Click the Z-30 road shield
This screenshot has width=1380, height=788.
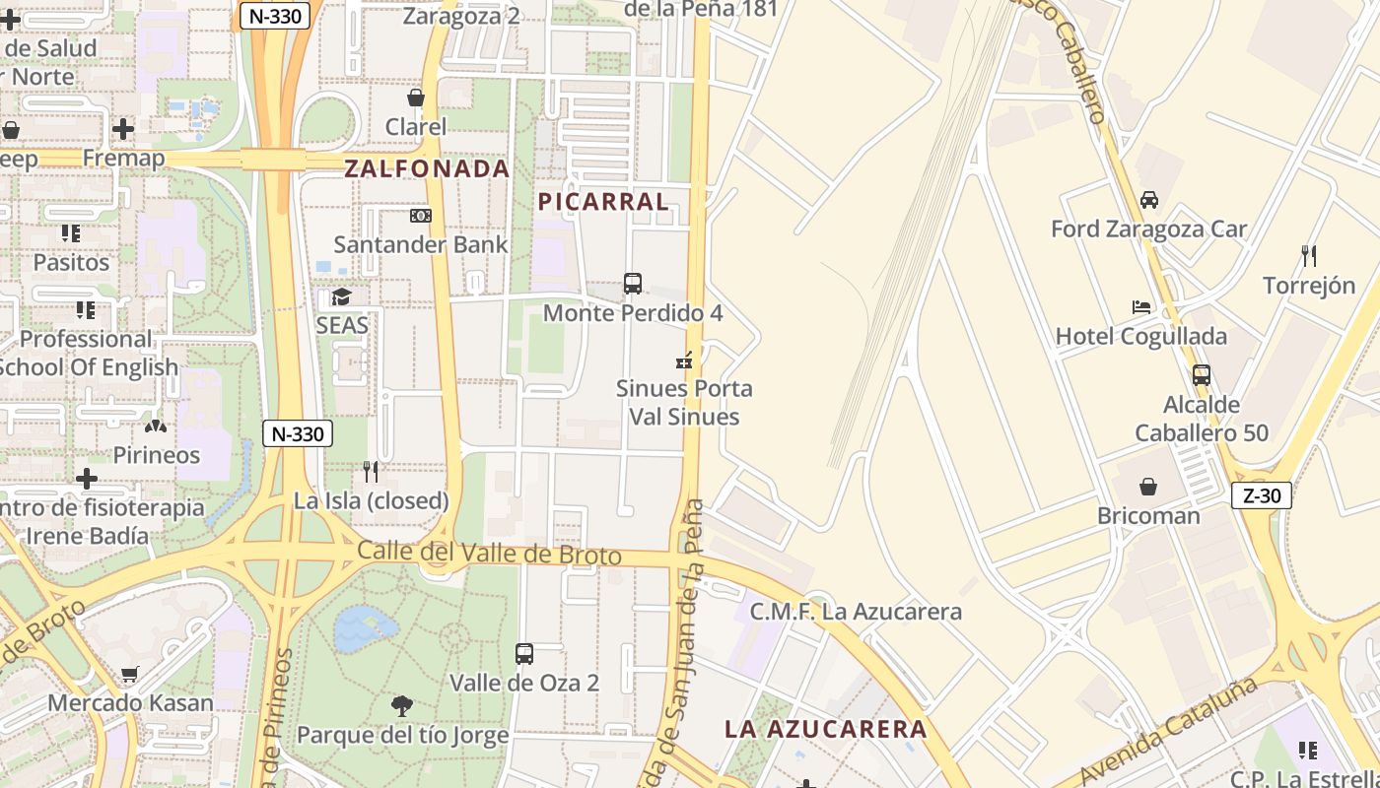click(x=1262, y=495)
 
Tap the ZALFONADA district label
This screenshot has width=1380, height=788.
click(x=427, y=168)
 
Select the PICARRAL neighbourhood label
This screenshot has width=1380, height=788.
click(x=603, y=202)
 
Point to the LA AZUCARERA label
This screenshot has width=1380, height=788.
click(x=826, y=729)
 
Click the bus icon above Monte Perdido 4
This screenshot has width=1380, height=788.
click(x=633, y=284)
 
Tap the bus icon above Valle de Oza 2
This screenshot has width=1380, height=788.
click(x=524, y=653)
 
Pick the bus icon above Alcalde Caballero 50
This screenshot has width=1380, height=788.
click(x=1201, y=375)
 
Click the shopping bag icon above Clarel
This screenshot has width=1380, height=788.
click(x=416, y=98)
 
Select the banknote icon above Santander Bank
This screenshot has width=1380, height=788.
click(x=421, y=216)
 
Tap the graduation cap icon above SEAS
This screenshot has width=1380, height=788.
click(x=341, y=296)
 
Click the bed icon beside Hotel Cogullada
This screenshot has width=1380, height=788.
click(x=1141, y=307)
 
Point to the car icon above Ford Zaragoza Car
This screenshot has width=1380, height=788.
click(x=1149, y=200)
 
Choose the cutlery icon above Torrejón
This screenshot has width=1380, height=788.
click(x=1309, y=256)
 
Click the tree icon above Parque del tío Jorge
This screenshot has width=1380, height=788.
click(x=401, y=705)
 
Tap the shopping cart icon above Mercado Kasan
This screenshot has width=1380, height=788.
click(x=129, y=675)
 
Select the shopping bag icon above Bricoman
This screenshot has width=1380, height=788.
click(x=1148, y=487)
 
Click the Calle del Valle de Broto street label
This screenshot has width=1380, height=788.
click(x=489, y=553)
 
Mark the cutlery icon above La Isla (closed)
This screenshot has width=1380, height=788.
click(x=371, y=472)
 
